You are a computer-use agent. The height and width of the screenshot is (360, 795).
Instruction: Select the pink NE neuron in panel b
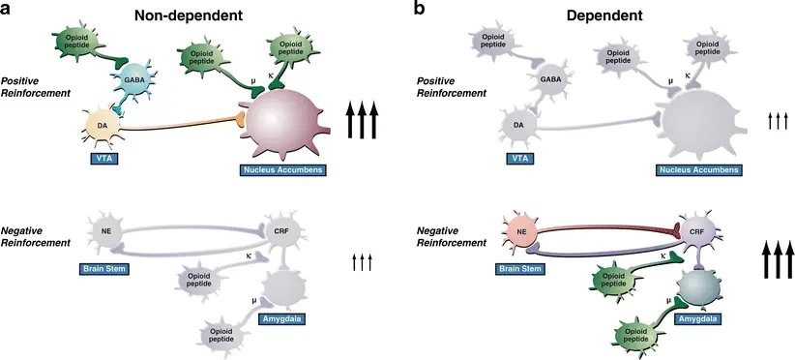click(521, 232)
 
